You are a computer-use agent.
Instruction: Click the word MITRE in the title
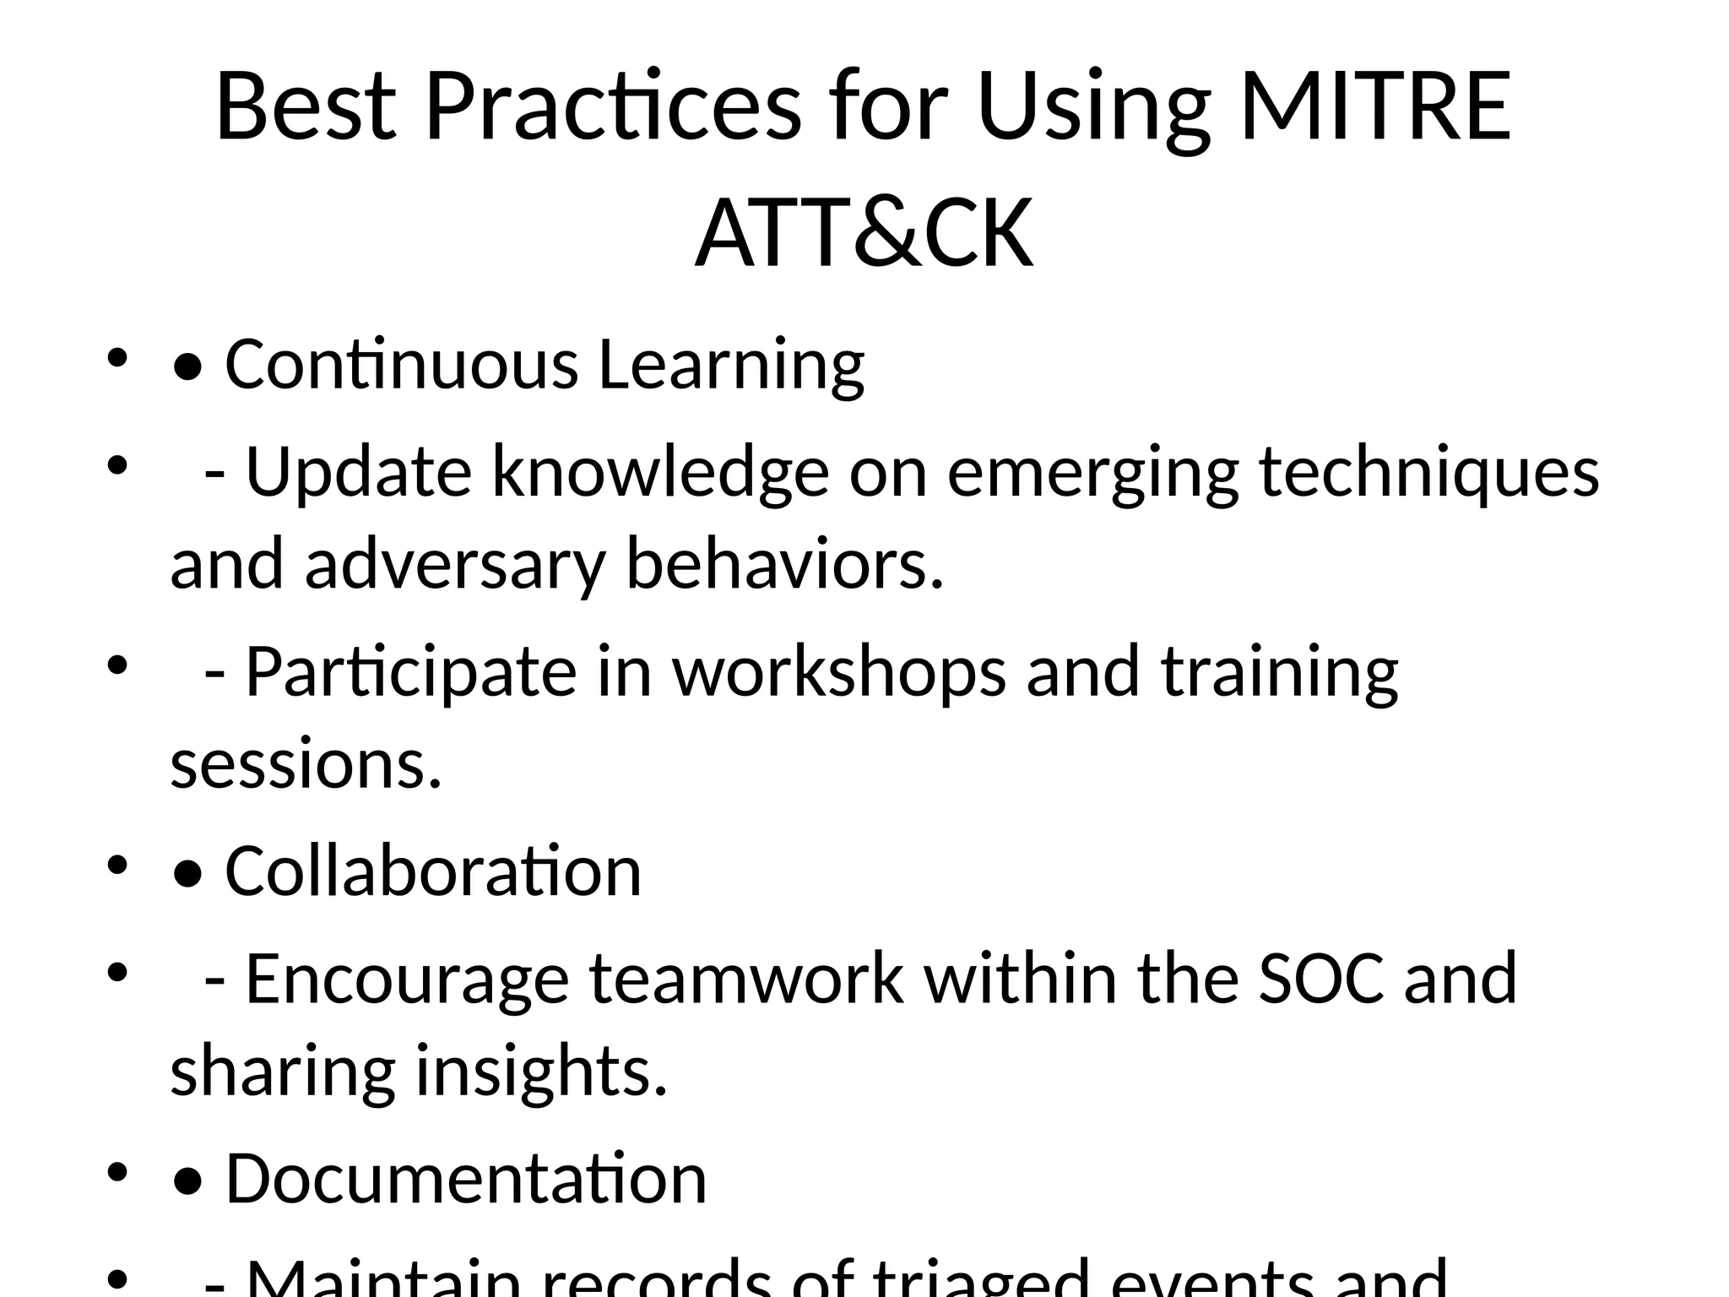1375,107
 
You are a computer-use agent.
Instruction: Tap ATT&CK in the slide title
864,232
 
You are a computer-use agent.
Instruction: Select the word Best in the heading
306,107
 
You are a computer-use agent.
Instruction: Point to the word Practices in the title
613,107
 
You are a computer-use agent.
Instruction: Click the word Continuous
401,364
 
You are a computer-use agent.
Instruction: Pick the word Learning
731,366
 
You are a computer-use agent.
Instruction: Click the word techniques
1428,473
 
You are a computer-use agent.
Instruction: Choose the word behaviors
783,564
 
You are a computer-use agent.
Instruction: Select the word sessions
306,765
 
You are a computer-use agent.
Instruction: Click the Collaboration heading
433,871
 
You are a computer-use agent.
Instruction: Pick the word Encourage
407,980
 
